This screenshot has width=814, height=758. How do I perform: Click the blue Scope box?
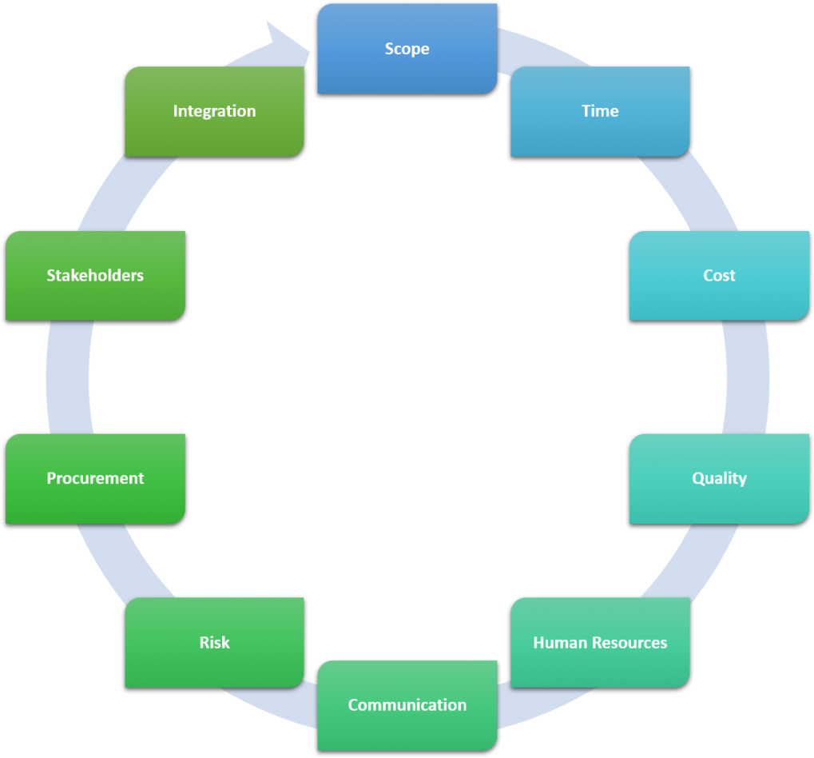point(407,49)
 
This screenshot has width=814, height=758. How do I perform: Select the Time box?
point(600,111)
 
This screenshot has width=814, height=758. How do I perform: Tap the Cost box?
point(719,275)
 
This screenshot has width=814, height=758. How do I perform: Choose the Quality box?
point(719,478)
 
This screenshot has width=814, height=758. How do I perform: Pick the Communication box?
point(407,704)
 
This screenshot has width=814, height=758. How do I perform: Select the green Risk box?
point(214,642)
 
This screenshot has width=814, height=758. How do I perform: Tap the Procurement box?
point(95,478)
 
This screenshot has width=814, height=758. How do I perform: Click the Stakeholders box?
point(95,275)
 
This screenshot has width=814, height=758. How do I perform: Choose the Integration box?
point(214,111)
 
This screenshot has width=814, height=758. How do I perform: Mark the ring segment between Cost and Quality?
point(747,377)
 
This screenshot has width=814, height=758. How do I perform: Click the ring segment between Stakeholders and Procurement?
point(67,377)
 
